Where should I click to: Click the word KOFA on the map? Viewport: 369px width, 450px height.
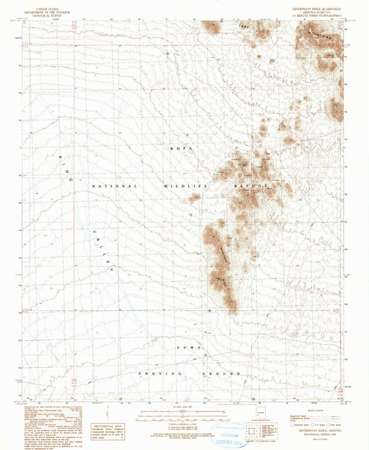[178, 148]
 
